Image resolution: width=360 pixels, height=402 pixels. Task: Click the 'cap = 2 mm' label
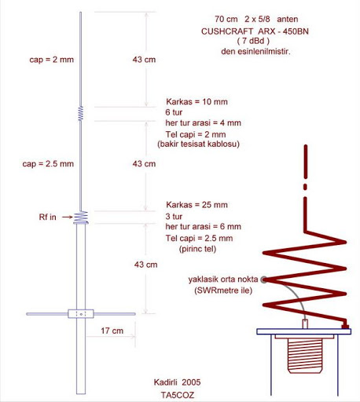[x=51, y=60]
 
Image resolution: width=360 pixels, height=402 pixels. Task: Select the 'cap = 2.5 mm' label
[x=48, y=164]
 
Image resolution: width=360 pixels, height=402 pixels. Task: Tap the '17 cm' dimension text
[x=112, y=331]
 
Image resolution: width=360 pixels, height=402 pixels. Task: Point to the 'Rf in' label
[x=47, y=217]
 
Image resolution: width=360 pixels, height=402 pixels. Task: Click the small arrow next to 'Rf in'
[x=68, y=217]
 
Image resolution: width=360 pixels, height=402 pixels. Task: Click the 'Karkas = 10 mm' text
[x=197, y=101]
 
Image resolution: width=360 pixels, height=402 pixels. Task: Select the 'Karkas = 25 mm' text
[x=197, y=205]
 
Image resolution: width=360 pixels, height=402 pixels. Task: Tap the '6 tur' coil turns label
[x=174, y=112]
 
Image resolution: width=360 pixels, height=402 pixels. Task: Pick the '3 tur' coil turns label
[x=174, y=217]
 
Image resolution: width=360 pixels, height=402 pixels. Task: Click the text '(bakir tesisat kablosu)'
[x=198, y=144]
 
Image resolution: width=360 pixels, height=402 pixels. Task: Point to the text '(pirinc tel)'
[x=197, y=249]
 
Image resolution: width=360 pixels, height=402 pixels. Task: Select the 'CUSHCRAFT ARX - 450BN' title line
[x=255, y=31]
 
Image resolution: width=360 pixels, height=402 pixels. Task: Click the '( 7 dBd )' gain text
[x=253, y=41]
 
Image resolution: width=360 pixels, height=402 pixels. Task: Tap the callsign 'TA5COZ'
[x=178, y=395]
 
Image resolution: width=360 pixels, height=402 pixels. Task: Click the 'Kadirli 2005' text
[x=177, y=382]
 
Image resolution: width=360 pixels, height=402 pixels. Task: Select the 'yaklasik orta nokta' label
[x=223, y=280]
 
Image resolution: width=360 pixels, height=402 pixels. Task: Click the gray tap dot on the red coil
[x=264, y=280]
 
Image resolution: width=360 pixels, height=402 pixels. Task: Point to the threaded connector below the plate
[x=305, y=355]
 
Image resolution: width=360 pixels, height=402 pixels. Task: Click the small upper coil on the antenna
[x=81, y=114]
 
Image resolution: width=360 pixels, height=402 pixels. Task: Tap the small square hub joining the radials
[x=81, y=314]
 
